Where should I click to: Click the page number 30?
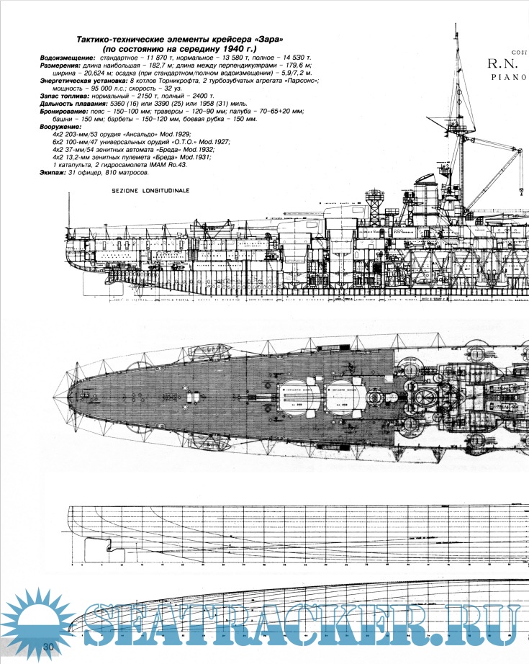(x=50, y=647)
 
